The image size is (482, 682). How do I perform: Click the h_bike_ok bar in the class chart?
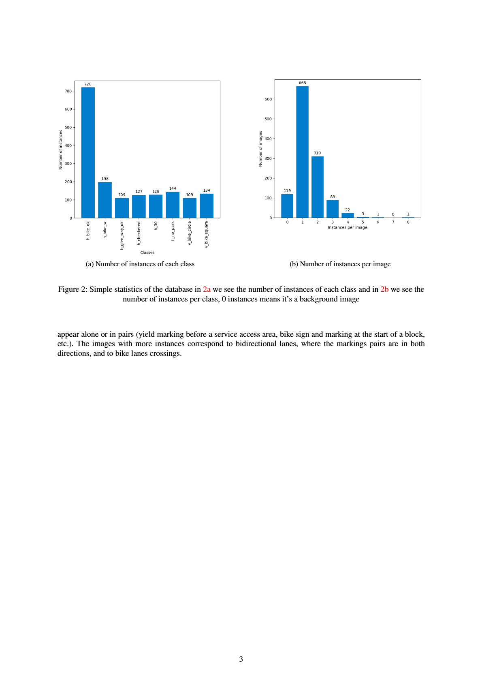(x=88, y=152)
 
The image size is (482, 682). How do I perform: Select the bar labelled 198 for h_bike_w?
(x=105, y=200)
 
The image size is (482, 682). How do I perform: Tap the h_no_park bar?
(x=173, y=205)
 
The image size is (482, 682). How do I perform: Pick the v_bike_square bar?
(x=207, y=206)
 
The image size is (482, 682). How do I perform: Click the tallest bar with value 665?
(x=302, y=152)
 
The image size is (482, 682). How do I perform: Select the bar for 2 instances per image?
(x=317, y=187)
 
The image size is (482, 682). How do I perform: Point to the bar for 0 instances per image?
(x=287, y=206)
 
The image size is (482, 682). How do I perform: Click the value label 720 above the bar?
(x=88, y=84)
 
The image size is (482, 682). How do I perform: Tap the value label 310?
(x=317, y=153)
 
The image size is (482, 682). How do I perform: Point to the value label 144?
(x=173, y=188)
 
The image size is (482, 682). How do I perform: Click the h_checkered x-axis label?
(x=139, y=233)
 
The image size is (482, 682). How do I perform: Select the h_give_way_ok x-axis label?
(x=122, y=235)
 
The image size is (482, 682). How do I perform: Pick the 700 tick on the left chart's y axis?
(x=68, y=91)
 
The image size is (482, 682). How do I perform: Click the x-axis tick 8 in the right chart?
(x=408, y=222)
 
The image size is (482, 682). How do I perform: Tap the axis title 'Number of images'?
(x=260, y=149)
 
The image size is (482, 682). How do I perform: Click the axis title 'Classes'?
(x=147, y=252)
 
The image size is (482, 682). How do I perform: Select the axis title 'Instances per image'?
(x=348, y=227)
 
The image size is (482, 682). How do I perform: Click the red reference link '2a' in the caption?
(x=207, y=289)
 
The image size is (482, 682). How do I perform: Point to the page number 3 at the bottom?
(x=241, y=659)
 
